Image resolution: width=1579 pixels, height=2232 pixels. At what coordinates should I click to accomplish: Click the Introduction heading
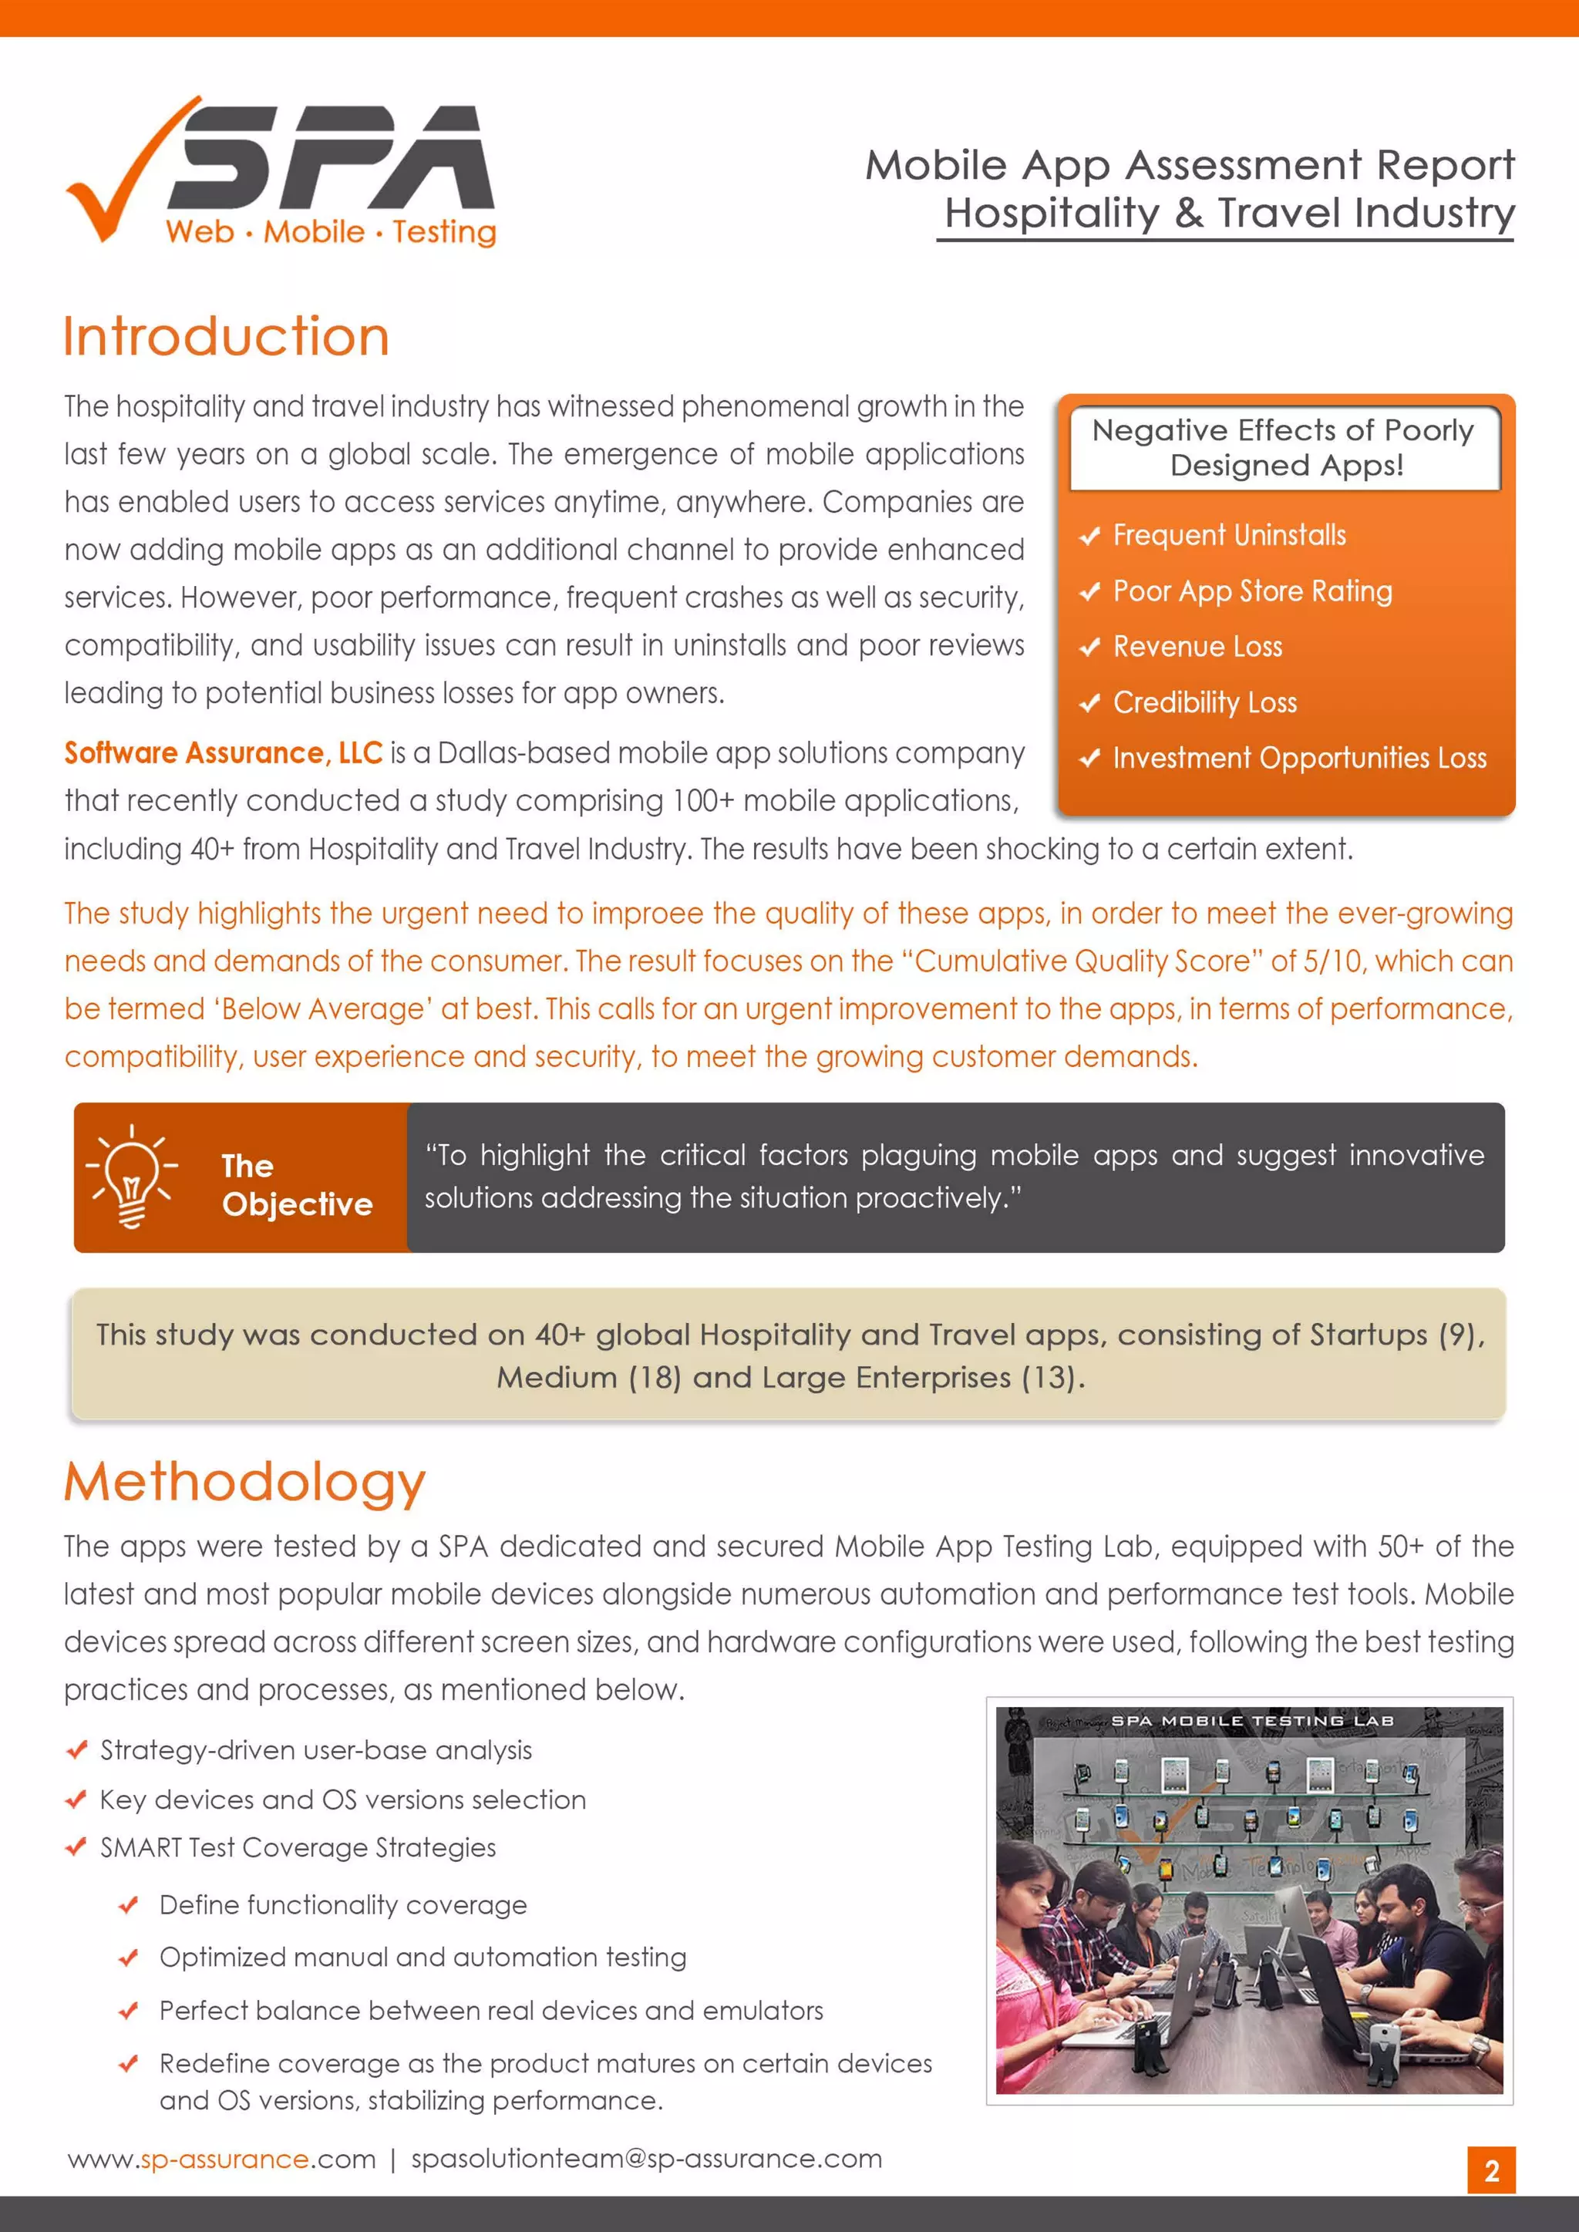227,336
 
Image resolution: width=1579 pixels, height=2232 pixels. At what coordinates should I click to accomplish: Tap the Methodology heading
245,1482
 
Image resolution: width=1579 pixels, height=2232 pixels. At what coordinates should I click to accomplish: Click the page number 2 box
1490,2171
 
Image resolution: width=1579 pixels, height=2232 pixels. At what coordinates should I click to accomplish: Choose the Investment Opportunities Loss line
1299,758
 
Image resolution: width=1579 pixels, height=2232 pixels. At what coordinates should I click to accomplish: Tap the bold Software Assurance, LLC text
224,753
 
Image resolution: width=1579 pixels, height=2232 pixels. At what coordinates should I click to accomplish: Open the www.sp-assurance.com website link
222,2159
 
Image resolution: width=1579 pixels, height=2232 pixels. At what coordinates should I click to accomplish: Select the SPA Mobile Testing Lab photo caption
1251,1721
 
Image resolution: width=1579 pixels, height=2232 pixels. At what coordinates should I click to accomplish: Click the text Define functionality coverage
343,1905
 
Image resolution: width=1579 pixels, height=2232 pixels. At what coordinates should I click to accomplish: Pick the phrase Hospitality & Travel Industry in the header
1229,213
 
